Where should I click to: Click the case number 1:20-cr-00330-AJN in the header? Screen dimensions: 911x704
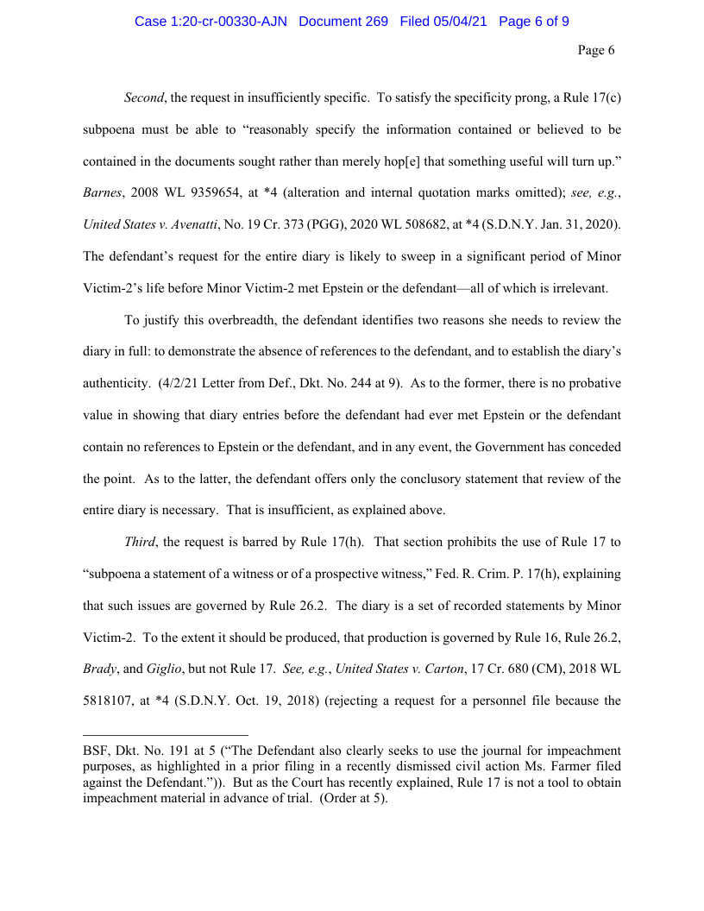pyautogui.click(x=212, y=22)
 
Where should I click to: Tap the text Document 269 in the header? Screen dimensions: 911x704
pyautogui.click(x=343, y=22)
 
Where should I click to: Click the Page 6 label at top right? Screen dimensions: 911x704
pyautogui.click(x=596, y=50)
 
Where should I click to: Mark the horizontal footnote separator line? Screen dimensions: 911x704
pyautogui.click(x=165, y=734)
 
